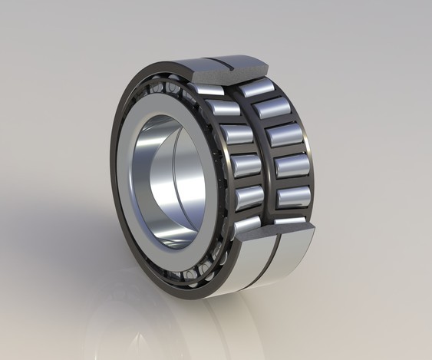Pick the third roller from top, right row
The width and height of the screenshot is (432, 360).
pos(283,135)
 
